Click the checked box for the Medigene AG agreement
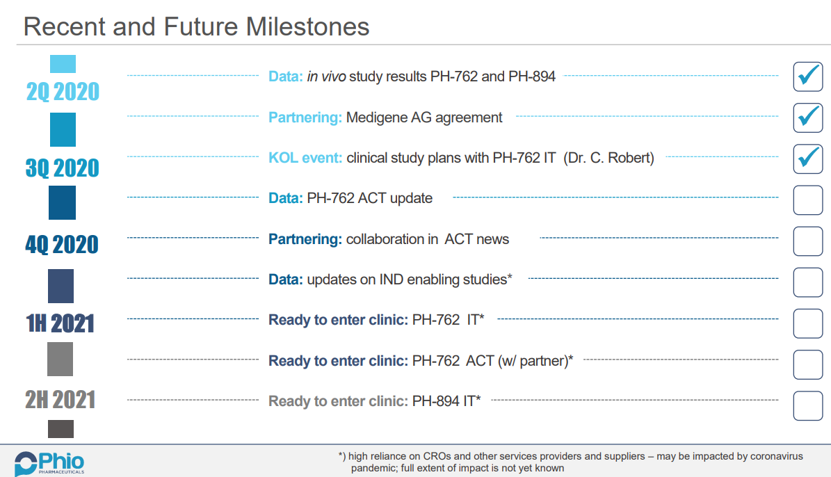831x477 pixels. (807, 118)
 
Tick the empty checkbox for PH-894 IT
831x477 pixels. (807, 406)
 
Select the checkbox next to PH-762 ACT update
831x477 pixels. (807, 200)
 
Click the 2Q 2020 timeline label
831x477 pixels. (63, 92)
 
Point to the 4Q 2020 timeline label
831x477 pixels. (63, 245)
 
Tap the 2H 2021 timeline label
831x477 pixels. (60, 400)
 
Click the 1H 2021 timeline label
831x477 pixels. (60, 323)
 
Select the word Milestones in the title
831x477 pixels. (307, 26)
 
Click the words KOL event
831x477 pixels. (305, 158)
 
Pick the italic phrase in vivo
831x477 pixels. (326, 76)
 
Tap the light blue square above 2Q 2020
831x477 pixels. (63, 64)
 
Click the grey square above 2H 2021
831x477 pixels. (60, 359)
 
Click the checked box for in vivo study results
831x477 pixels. (807, 76)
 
